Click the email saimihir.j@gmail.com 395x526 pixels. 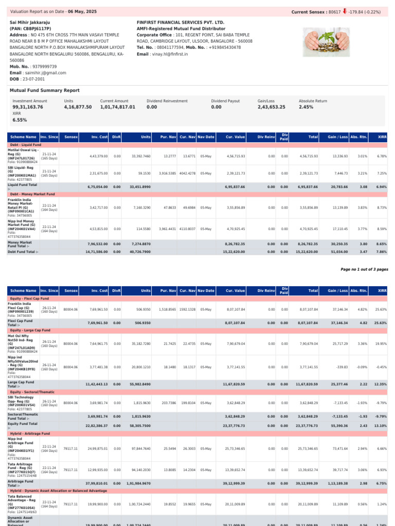45,73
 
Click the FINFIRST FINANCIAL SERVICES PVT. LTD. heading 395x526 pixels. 181,23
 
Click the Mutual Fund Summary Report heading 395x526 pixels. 45,90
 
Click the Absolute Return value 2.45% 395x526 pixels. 306,107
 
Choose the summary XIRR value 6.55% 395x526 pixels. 20,120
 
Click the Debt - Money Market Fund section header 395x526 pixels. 32,194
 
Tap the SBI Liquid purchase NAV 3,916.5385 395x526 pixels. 167,174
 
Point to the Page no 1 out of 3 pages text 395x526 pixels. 364,269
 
